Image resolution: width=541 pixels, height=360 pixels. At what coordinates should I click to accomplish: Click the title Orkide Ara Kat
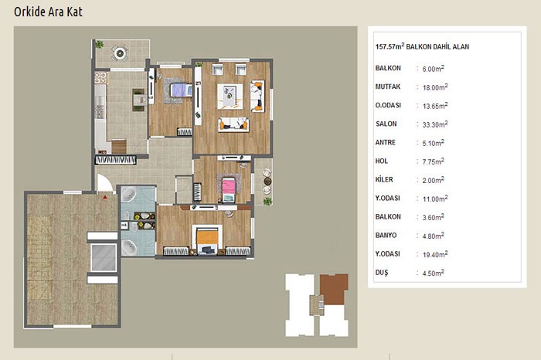(48, 12)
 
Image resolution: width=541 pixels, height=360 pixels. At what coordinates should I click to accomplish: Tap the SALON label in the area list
(386, 124)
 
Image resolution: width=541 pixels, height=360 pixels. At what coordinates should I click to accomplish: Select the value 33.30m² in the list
(435, 124)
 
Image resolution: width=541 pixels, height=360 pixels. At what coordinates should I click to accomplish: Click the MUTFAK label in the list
(388, 87)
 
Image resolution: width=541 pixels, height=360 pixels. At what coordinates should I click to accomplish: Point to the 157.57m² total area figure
(390, 46)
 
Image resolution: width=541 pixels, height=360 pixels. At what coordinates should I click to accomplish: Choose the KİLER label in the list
(384, 179)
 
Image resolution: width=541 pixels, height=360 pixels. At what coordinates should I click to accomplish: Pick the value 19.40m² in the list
(435, 254)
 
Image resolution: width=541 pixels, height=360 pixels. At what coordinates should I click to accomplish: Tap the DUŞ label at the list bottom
(382, 273)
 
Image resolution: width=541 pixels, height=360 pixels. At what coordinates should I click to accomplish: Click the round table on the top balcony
(120, 53)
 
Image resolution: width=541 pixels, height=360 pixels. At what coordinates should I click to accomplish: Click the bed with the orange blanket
(207, 240)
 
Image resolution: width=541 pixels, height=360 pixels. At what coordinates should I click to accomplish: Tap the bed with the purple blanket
(181, 90)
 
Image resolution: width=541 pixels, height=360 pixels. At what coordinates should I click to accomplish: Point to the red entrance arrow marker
(105, 197)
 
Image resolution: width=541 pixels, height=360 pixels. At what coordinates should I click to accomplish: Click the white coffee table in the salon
(230, 97)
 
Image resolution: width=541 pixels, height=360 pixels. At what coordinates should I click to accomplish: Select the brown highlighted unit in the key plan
(333, 289)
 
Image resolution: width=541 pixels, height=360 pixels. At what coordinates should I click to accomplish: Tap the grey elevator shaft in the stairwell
(104, 257)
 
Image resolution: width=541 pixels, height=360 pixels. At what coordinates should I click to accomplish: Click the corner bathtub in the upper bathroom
(129, 195)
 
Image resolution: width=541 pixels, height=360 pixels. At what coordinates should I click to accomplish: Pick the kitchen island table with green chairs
(138, 100)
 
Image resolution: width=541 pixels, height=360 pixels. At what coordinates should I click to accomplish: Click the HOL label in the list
(382, 161)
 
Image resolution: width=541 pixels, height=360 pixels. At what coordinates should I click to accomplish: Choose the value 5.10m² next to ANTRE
(434, 143)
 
